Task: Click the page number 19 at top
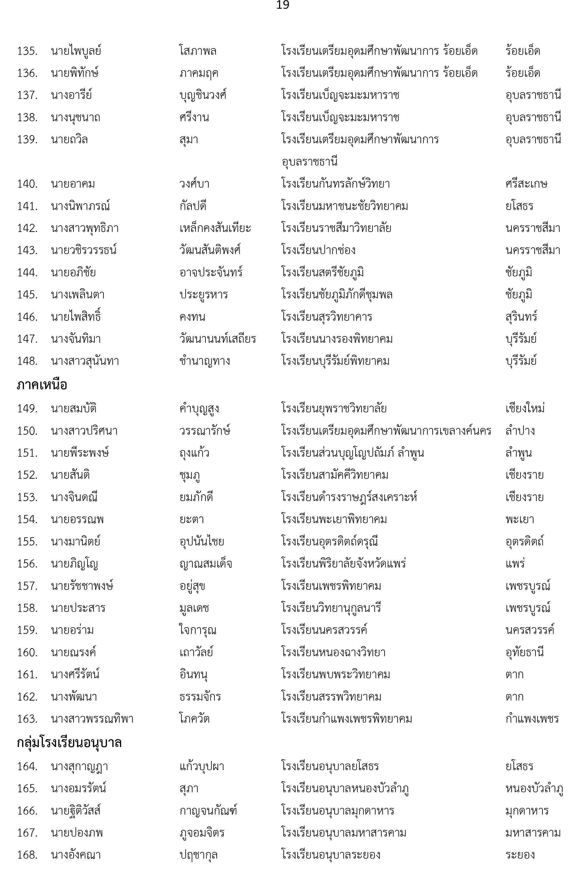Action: (283, 5)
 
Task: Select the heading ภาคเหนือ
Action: (42, 385)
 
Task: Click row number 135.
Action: (27, 51)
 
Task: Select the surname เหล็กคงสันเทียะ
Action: (215, 228)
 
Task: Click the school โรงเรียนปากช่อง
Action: (318, 250)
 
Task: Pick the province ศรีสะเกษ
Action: (526, 184)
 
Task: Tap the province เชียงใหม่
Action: (525, 409)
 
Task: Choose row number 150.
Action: (27, 431)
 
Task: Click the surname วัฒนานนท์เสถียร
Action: (218, 339)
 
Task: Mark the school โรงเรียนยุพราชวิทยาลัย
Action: (334, 409)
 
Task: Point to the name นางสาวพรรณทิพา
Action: (92, 719)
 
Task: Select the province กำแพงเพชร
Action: (532, 719)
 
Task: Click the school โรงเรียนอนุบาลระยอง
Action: (331, 855)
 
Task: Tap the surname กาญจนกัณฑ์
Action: (208, 810)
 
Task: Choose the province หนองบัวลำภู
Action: (534, 788)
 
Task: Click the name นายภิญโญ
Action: (74, 564)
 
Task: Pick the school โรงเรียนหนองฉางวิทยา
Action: (333, 652)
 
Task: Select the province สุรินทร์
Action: (521, 317)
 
